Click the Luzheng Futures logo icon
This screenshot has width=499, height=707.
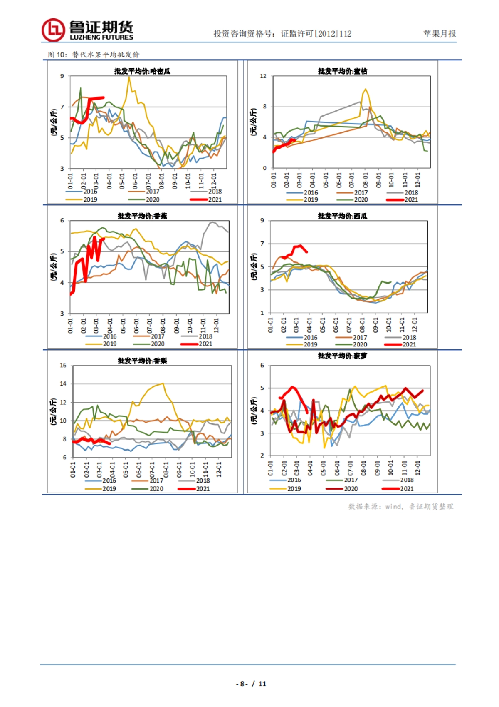(53, 30)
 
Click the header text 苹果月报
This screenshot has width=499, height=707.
(439, 34)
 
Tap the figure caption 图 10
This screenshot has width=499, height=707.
(57, 55)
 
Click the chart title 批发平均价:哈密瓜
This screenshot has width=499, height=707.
(142, 71)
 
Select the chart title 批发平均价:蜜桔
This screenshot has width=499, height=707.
(342, 71)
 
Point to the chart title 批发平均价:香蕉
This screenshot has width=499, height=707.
(142, 216)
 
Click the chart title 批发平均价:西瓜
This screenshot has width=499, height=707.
(342, 216)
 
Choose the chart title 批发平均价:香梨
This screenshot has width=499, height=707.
(142, 361)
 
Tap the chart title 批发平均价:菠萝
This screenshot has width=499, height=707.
(342, 356)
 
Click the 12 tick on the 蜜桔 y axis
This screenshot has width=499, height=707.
(263, 76)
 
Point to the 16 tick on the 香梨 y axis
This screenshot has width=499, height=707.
(63, 366)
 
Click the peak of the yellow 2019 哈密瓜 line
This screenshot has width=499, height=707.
(129, 77)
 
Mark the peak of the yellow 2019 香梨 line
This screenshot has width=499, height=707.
(163, 383)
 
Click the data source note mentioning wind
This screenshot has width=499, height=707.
(400, 507)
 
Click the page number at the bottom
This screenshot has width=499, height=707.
(251, 684)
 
